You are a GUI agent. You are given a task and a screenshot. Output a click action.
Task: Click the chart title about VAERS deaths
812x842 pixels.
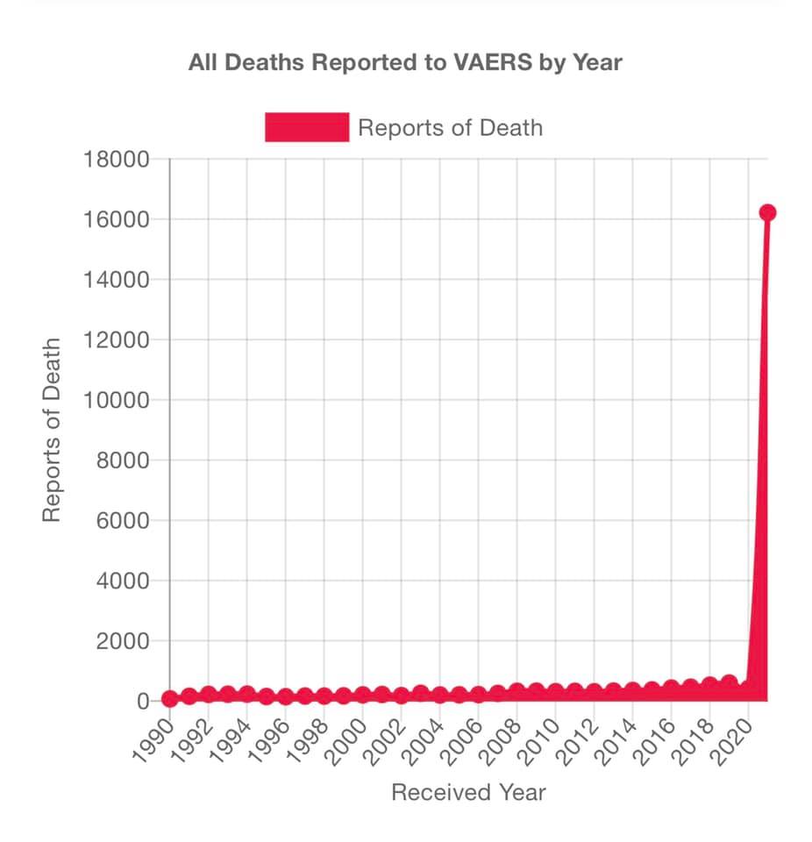[x=405, y=63]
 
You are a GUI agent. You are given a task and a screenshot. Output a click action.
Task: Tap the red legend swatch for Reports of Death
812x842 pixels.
[x=307, y=127]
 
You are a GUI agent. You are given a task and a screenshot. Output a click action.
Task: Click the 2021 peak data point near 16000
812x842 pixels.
[x=767, y=212]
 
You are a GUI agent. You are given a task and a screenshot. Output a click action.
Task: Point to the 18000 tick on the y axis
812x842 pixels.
[x=116, y=160]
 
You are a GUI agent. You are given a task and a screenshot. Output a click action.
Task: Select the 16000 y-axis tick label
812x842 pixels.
[x=116, y=219]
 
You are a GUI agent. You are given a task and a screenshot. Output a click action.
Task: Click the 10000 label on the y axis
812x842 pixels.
[x=116, y=400]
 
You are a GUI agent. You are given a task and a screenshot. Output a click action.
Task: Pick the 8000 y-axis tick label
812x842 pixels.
[x=121, y=460]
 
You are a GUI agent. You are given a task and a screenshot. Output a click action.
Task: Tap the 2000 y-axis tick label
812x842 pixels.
[x=121, y=641]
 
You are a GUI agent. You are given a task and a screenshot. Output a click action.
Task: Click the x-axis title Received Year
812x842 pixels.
[x=468, y=793]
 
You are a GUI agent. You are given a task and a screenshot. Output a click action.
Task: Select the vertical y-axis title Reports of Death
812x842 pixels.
[x=53, y=430]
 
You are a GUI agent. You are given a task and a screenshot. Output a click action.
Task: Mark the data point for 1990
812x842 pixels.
[x=170, y=699]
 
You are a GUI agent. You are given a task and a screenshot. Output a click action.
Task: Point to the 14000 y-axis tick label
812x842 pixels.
[x=116, y=280]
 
